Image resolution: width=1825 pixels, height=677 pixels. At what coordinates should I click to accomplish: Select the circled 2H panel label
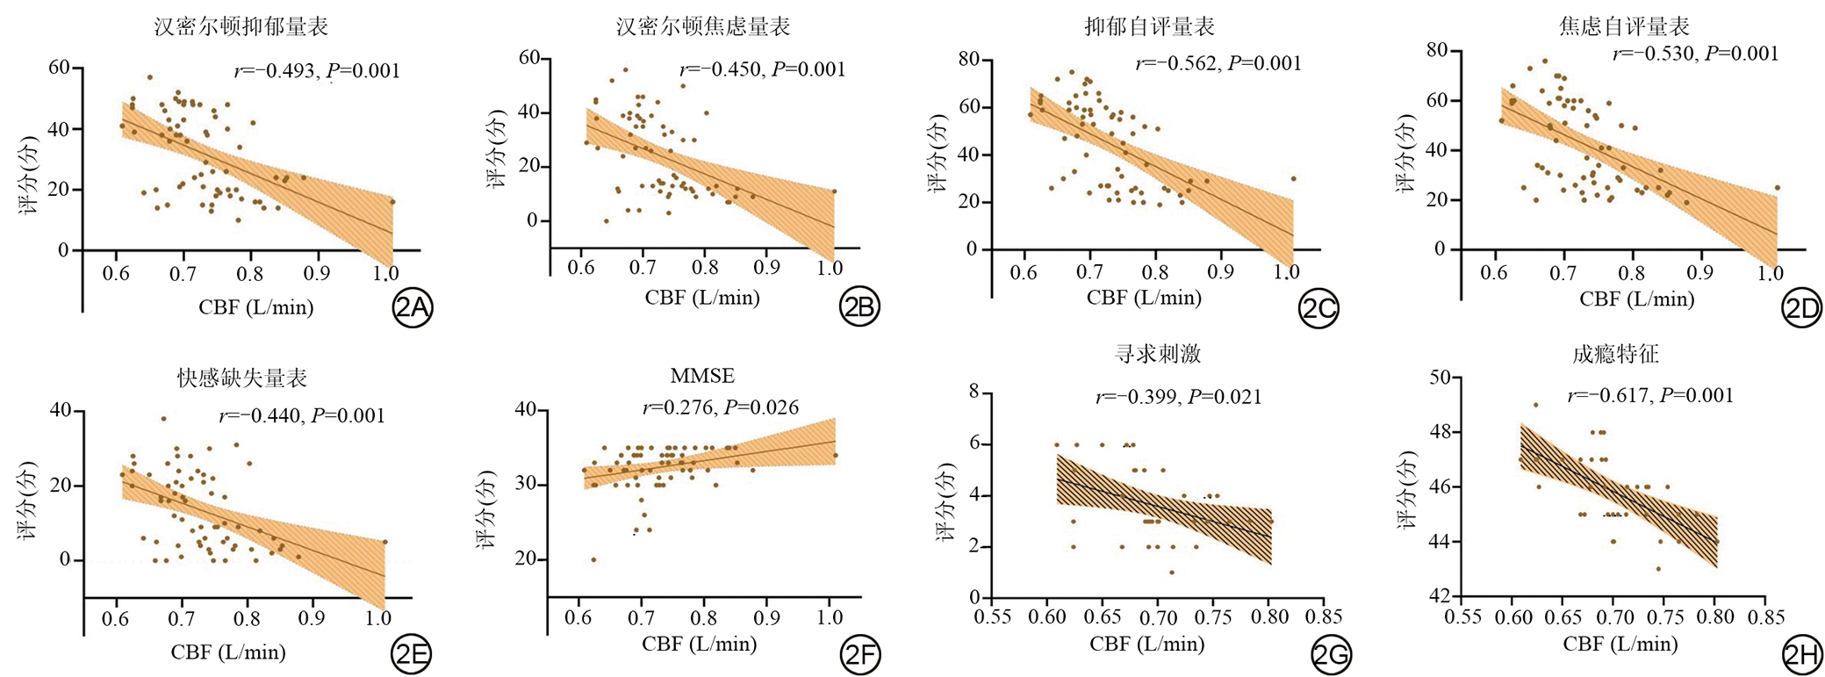(1801, 654)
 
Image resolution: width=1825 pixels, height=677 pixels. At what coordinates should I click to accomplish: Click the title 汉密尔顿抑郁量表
(241, 27)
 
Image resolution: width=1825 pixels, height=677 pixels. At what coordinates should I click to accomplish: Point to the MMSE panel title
(702, 376)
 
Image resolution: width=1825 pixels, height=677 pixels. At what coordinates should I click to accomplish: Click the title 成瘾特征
(1615, 354)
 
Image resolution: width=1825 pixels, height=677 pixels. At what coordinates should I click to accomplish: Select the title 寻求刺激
(1157, 354)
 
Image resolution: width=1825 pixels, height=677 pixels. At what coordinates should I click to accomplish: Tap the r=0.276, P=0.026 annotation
(721, 407)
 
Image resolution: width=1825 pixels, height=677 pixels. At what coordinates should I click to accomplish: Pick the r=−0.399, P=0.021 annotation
(1178, 397)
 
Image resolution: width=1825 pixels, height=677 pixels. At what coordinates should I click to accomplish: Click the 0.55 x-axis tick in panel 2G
(993, 617)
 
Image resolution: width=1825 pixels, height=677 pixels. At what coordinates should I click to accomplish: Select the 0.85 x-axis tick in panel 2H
(1765, 617)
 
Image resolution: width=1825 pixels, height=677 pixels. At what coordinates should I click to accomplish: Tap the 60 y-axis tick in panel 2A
(59, 68)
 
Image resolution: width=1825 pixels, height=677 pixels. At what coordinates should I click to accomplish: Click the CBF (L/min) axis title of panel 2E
(228, 652)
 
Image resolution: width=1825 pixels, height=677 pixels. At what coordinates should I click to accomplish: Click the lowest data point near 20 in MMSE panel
(593, 559)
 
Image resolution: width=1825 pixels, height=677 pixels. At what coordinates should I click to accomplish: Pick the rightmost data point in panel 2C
(1293, 178)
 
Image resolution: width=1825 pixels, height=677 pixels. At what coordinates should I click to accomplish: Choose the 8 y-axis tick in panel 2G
(974, 392)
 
